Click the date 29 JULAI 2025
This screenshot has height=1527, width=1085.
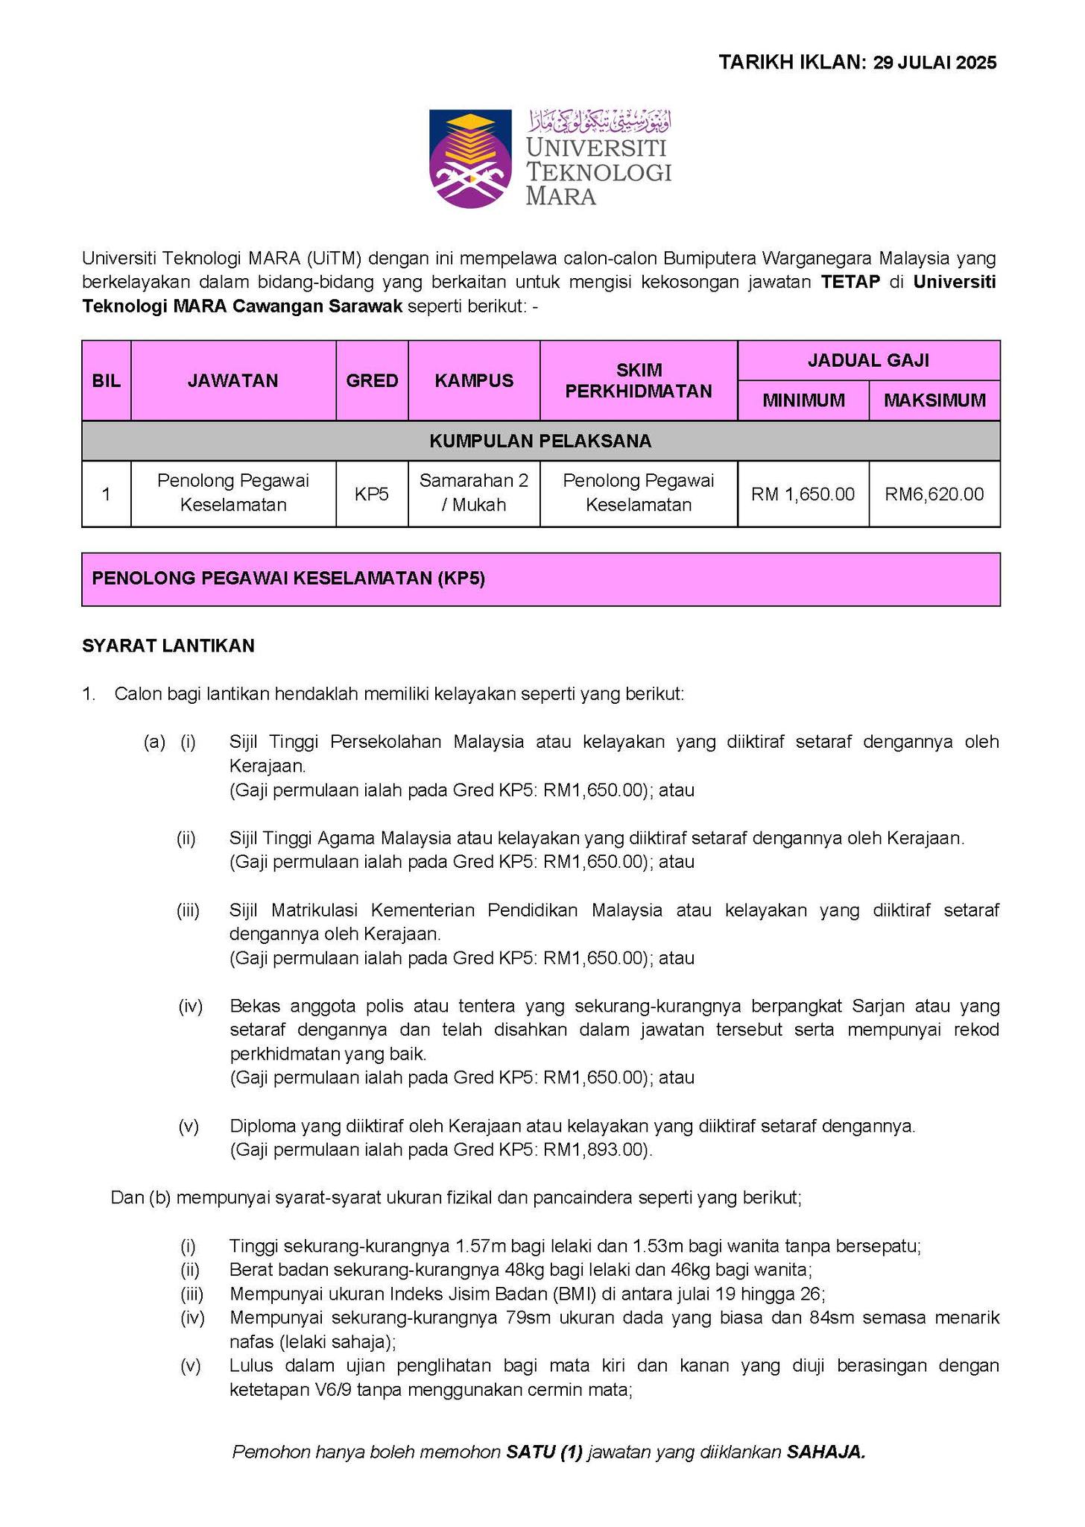tap(934, 63)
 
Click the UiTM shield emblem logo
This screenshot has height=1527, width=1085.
tap(470, 158)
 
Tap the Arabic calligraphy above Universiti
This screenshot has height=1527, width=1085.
tap(599, 120)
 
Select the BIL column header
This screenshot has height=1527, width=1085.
tap(106, 381)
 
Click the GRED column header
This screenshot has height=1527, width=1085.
tap(372, 381)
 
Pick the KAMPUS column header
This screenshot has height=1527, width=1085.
tap(474, 381)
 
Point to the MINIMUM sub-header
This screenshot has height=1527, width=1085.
tap(803, 401)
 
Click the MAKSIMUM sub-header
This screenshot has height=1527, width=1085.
tap(934, 401)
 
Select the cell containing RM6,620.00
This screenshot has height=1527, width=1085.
tap(934, 494)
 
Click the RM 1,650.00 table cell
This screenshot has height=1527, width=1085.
tap(803, 494)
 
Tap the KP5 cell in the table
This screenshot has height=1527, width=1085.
tap(372, 494)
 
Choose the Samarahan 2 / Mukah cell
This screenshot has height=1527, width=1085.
tap(474, 493)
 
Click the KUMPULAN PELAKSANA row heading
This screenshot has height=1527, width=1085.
tap(540, 441)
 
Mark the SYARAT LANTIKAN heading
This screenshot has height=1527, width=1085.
tap(168, 646)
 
